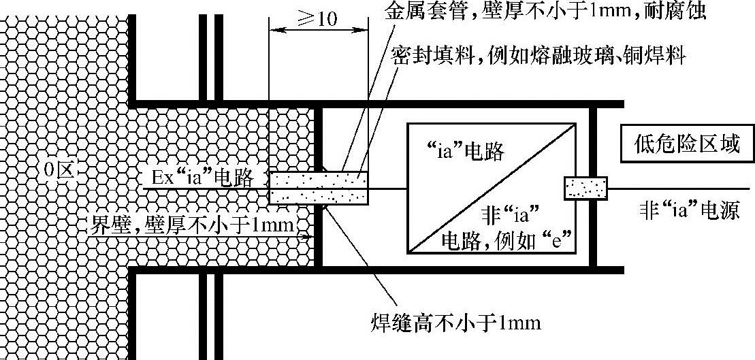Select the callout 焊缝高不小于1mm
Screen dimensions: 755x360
click(455, 321)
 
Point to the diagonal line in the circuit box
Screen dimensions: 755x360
click(492, 187)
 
